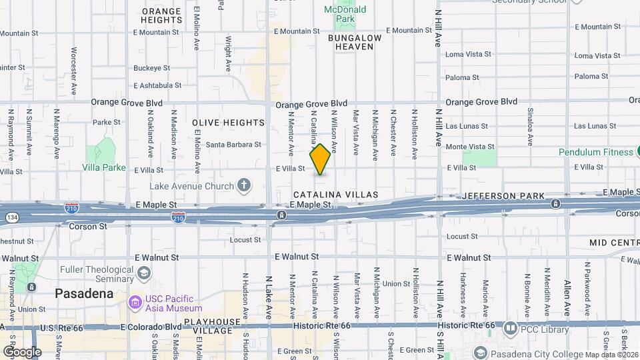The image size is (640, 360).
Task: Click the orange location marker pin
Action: [321, 159]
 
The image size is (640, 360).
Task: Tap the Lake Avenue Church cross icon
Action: [245, 185]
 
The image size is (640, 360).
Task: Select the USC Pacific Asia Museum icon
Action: [135, 303]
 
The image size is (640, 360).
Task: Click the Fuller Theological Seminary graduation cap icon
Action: [143, 273]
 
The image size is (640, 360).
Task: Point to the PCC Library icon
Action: [511, 328]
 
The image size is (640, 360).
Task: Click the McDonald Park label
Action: [345, 14]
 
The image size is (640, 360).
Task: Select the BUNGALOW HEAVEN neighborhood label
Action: [355, 42]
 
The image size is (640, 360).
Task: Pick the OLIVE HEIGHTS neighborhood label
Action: [229, 123]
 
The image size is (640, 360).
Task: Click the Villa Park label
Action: [104, 167]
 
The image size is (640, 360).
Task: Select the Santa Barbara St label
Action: [233, 145]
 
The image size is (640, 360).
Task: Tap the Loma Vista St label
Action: [468, 54]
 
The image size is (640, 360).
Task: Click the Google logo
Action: [22, 351]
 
